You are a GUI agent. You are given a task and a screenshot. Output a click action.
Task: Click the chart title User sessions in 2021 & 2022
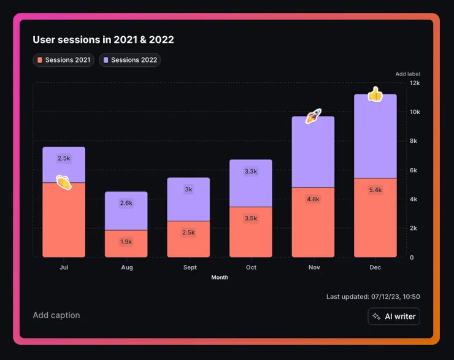pyautogui.click(x=103, y=40)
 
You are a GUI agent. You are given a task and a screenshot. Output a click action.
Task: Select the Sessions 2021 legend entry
pyautogui.click(x=64, y=60)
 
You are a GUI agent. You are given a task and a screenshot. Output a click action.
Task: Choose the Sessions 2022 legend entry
pyautogui.click(x=130, y=60)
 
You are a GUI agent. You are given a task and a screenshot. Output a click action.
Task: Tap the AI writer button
pyautogui.click(x=394, y=316)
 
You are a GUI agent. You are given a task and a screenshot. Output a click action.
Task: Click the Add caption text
pyautogui.click(x=56, y=315)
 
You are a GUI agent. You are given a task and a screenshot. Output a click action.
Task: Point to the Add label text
pyautogui.click(x=407, y=74)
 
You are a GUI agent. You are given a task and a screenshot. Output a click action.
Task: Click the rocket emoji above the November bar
pyautogui.click(x=314, y=116)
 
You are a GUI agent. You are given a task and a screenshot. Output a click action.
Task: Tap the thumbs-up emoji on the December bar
pyautogui.click(x=375, y=94)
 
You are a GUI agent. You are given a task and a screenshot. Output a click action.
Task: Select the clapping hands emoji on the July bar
pyautogui.click(x=64, y=182)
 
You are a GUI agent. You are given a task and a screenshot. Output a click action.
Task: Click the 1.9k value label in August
pyautogui.click(x=126, y=242)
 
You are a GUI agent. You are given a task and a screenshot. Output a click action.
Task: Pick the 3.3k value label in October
pyautogui.click(x=250, y=171)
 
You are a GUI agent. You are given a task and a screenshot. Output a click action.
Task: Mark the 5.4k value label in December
pyautogui.click(x=375, y=190)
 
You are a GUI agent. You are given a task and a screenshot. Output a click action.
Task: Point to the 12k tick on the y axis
pyautogui.click(x=415, y=83)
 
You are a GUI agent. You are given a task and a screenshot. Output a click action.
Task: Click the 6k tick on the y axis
pyautogui.click(x=414, y=170)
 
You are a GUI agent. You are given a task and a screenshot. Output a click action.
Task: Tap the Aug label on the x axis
pyautogui.click(x=126, y=267)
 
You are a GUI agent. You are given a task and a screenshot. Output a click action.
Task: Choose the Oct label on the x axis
pyautogui.click(x=251, y=267)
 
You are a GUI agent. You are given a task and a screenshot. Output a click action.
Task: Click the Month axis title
pyautogui.click(x=220, y=277)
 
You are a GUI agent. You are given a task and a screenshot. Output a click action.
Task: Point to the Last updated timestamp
pyautogui.click(x=373, y=297)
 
